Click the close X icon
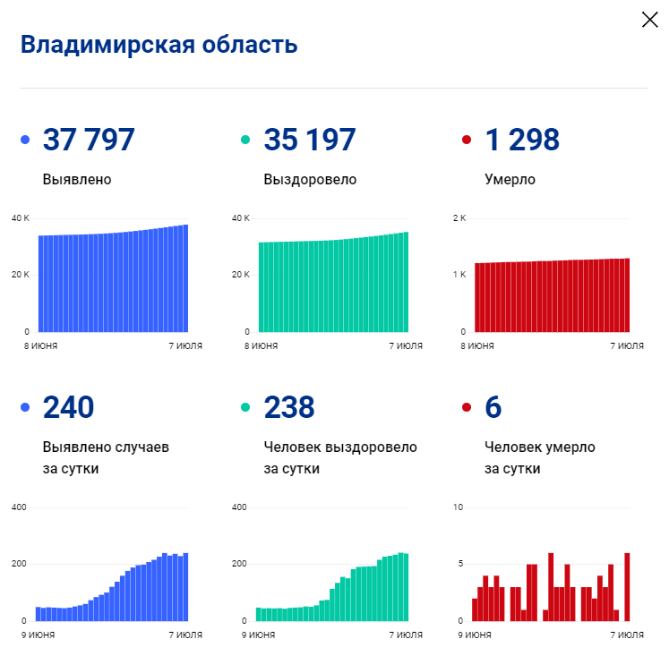click(x=649, y=20)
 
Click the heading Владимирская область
click(x=159, y=45)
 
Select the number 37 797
click(x=89, y=140)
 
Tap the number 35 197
click(x=310, y=140)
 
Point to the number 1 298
click(x=522, y=140)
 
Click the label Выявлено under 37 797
click(x=77, y=179)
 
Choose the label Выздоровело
click(x=310, y=179)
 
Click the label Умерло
click(x=510, y=179)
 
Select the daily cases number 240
click(x=68, y=407)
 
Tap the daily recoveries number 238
click(x=289, y=407)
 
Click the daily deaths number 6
click(x=493, y=407)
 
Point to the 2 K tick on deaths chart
click(x=459, y=218)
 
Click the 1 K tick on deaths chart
click(x=459, y=275)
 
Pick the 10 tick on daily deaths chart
click(x=458, y=507)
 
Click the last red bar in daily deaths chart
click(x=627, y=587)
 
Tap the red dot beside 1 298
click(x=466, y=141)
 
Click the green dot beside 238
click(x=245, y=408)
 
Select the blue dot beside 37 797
click(x=24, y=141)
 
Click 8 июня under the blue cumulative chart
click(x=40, y=345)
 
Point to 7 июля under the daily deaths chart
click(x=627, y=635)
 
